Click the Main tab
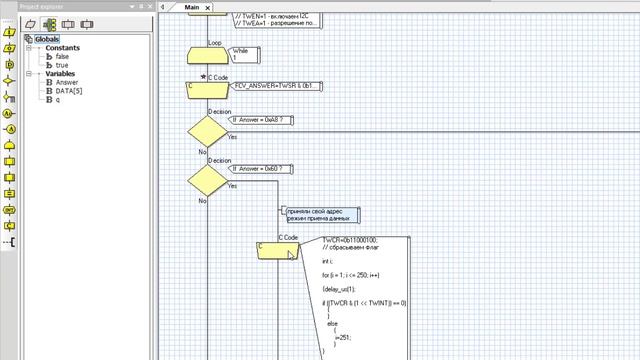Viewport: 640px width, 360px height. (x=192, y=7)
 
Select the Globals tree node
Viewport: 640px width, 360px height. (x=46, y=39)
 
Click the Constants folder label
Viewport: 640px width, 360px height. (x=62, y=48)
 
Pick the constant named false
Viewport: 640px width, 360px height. (x=62, y=57)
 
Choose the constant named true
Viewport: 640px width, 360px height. (x=61, y=65)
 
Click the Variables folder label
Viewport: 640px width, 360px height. (x=61, y=74)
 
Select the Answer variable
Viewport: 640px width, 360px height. (x=66, y=82)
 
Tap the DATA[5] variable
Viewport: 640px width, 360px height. (x=68, y=91)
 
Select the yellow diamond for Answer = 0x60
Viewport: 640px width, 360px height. (x=207, y=181)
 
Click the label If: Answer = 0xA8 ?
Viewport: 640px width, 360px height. (x=258, y=119)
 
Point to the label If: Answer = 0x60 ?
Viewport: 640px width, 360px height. (x=258, y=169)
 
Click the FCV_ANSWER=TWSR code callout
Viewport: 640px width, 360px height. (x=267, y=87)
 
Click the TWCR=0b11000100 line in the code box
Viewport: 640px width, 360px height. (x=350, y=241)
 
